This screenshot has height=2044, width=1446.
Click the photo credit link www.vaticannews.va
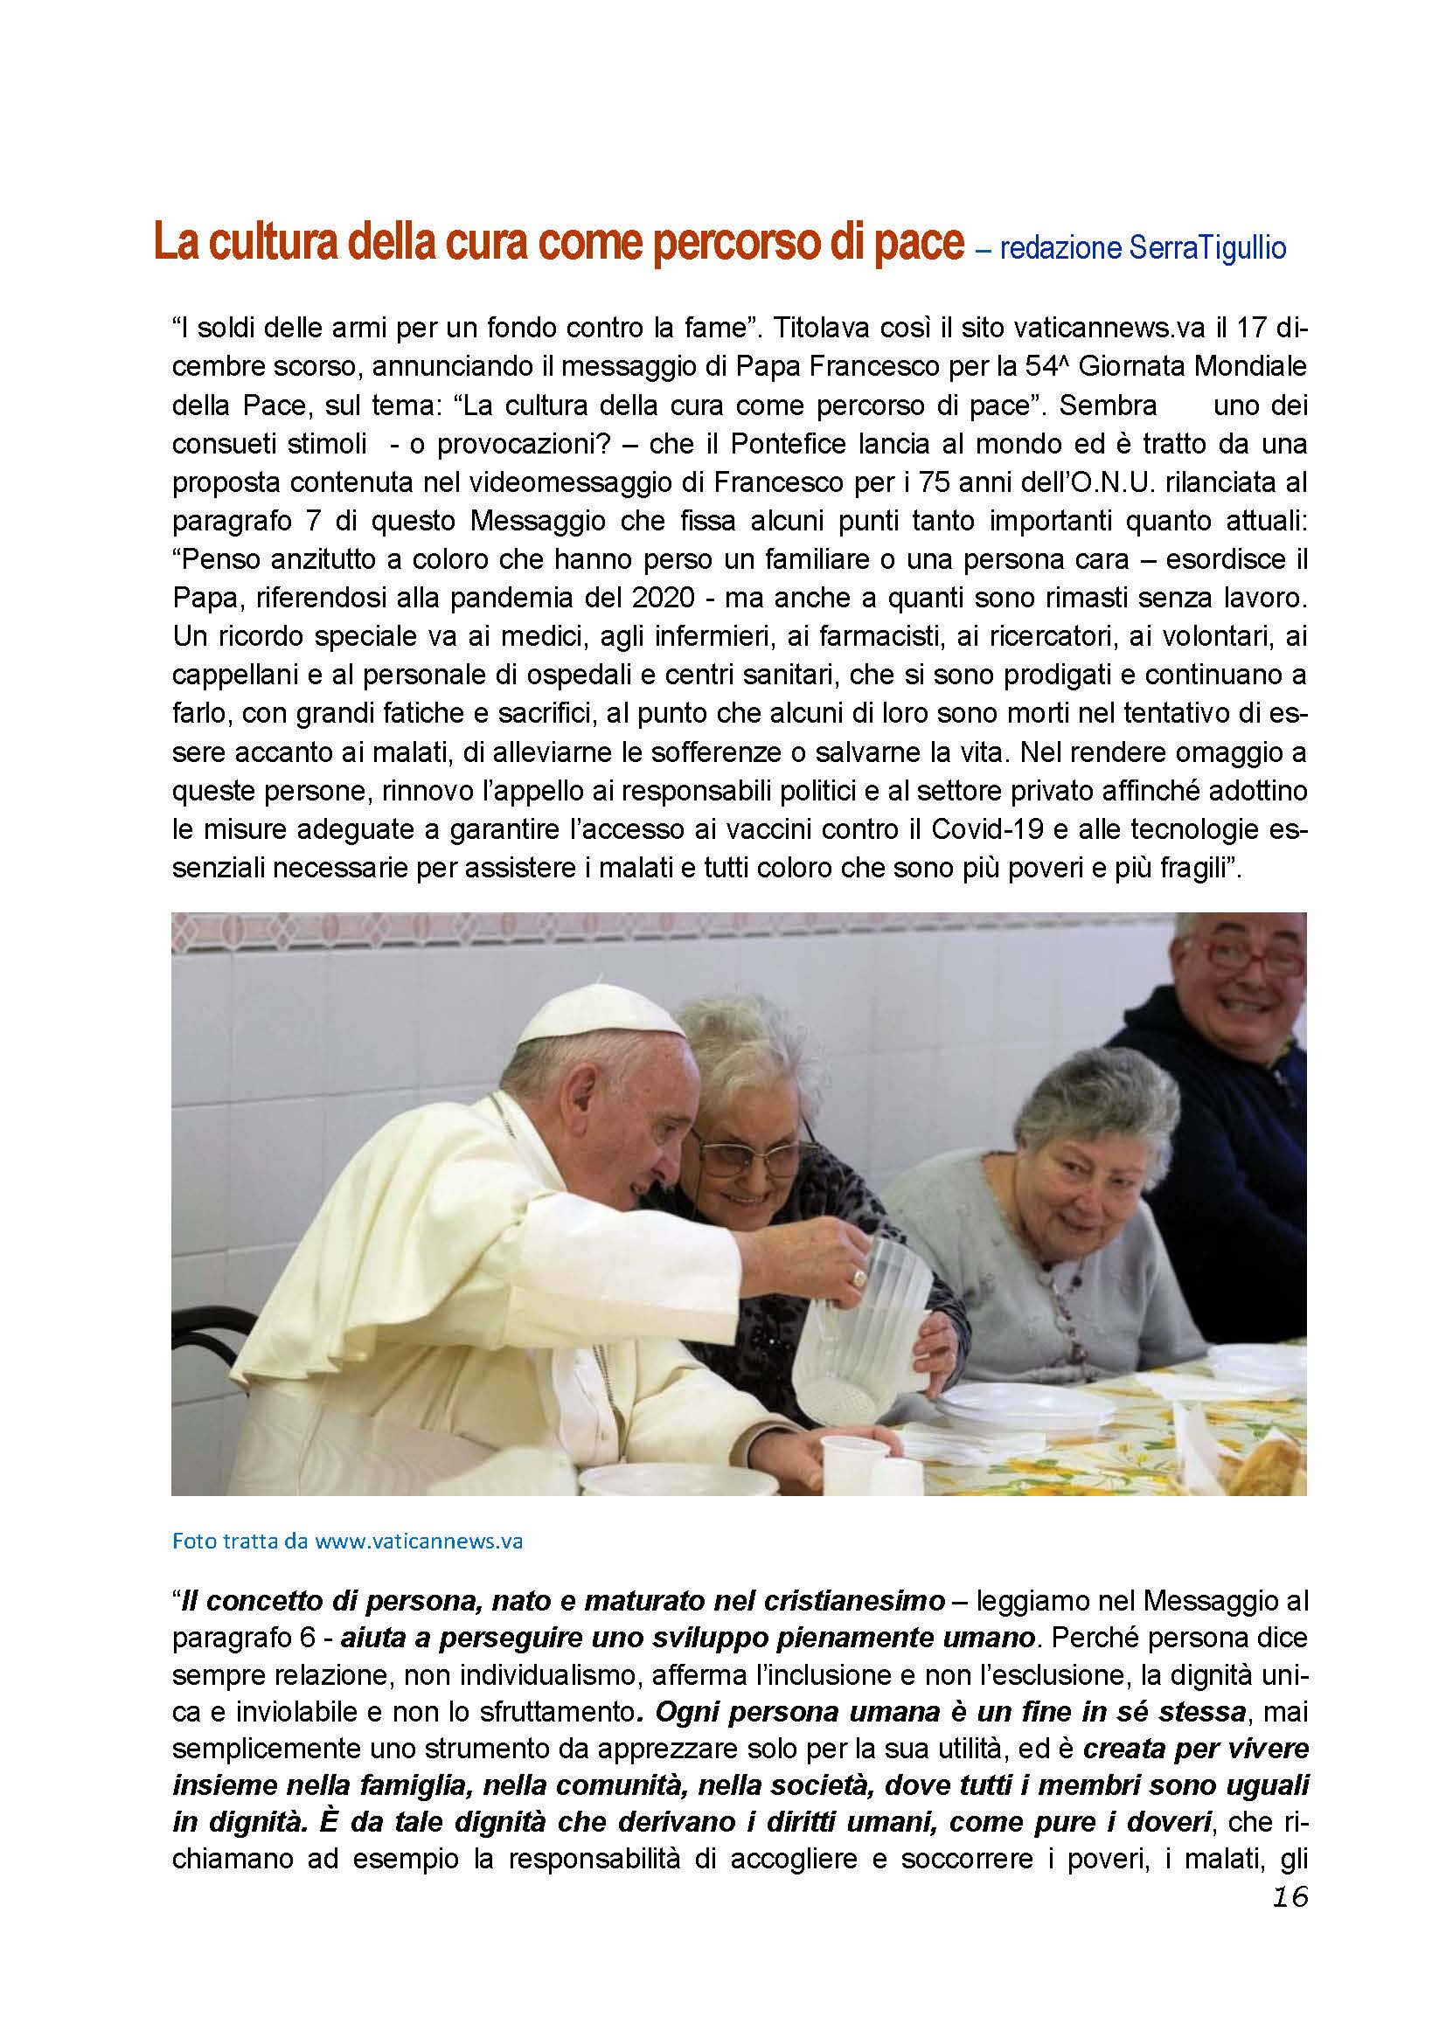click(x=419, y=1542)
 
